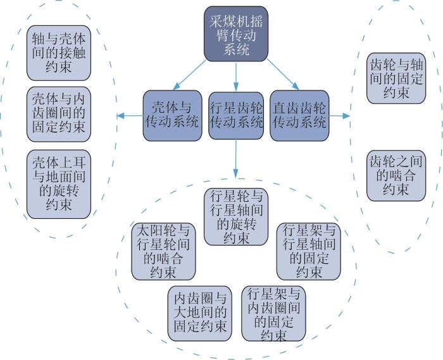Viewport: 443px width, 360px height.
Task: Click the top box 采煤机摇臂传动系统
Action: coord(236,34)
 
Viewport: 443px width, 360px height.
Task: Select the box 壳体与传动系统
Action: coord(172,116)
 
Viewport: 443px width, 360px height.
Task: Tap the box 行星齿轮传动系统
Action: coord(236,116)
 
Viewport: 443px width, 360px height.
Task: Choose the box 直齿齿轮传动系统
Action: coord(299,116)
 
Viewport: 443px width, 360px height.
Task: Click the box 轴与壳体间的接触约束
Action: coord(59,53)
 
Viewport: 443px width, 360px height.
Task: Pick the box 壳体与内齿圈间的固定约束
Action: coord(59,115)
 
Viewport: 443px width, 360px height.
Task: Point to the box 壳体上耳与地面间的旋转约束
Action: coord(59,184)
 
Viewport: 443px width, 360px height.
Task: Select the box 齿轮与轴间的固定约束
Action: coord(396,78)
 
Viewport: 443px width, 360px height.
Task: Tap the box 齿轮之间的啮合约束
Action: coord(396,176)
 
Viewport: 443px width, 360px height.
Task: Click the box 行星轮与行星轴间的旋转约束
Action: coord(236,217)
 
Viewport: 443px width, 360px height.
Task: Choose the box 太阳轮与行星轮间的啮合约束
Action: coord(163,251)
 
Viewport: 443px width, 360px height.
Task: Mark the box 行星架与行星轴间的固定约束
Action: coord(309,251)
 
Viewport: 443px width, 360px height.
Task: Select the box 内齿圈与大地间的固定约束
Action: coord(200,313)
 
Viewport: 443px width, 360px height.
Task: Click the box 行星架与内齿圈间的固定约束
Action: coord(273,313)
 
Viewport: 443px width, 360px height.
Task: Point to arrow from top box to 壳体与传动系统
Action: coord(190,75)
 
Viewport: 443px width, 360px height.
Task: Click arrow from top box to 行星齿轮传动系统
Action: coord(236,77)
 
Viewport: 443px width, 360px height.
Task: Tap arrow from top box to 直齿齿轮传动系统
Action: coord(283,75)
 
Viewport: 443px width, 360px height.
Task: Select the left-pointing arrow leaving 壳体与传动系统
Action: coord(130,116)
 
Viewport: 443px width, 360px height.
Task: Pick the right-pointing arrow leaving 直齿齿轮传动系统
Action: coord(340,116)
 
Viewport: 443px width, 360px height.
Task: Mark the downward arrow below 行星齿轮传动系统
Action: coord(236,159)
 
